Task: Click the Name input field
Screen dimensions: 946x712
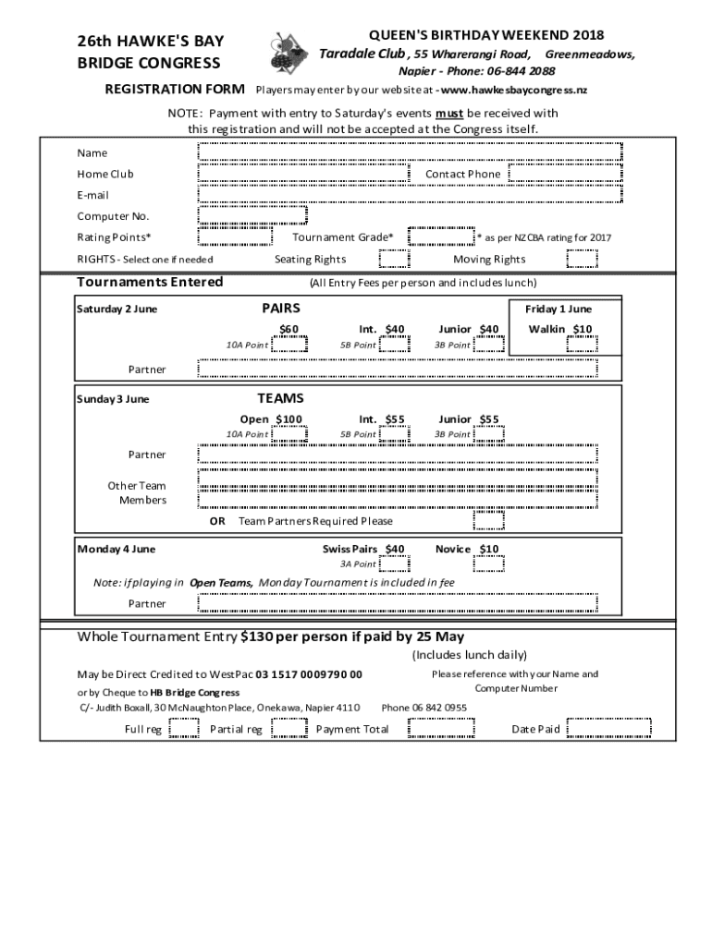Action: tap(410, 152)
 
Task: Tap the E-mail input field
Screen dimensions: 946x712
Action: tap(410, 194)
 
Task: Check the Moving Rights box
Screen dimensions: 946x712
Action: tap(582, 259)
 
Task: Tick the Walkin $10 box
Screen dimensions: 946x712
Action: tap(582, 345)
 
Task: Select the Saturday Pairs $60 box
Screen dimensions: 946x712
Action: tap(289, 345)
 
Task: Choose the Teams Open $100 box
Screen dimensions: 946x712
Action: tap(289, 433)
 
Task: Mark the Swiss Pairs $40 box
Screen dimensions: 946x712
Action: tap(394, 563)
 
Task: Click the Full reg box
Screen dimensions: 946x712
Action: tap(184, 729)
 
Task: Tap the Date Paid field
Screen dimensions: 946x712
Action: tap(608, 729)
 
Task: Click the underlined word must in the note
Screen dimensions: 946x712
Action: tap(449, 114)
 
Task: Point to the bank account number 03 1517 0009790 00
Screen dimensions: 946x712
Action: tap(309, 675)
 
